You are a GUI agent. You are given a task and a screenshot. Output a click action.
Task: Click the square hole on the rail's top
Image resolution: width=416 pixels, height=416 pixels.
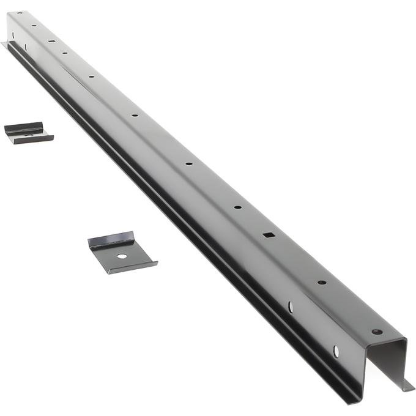click(268, 234)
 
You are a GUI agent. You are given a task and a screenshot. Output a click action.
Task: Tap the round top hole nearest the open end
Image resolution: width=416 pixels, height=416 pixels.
click(376, 332)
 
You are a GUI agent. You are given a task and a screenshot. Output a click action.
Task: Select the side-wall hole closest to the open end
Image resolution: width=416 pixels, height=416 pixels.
click(335, 351)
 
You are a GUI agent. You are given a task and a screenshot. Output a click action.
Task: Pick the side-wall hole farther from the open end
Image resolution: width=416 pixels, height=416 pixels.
click(291, 306)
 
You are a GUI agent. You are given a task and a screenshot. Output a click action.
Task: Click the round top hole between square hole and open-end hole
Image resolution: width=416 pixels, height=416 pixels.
click(321, 283)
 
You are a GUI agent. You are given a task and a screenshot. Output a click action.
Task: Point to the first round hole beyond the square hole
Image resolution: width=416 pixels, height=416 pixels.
click(237, 207)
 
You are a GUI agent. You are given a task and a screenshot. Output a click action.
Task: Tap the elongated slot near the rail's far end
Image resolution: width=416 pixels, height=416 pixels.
click(51, 41)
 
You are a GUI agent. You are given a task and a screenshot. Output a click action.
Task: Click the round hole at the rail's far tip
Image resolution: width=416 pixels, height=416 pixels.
click(19, 13)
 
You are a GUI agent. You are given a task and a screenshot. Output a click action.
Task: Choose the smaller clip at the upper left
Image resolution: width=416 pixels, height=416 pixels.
click(28, 133)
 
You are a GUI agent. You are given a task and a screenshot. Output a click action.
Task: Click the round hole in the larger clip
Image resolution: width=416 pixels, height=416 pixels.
click(122, 256)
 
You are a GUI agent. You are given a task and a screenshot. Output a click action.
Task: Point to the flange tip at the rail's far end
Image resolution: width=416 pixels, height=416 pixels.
click(4, 44)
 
